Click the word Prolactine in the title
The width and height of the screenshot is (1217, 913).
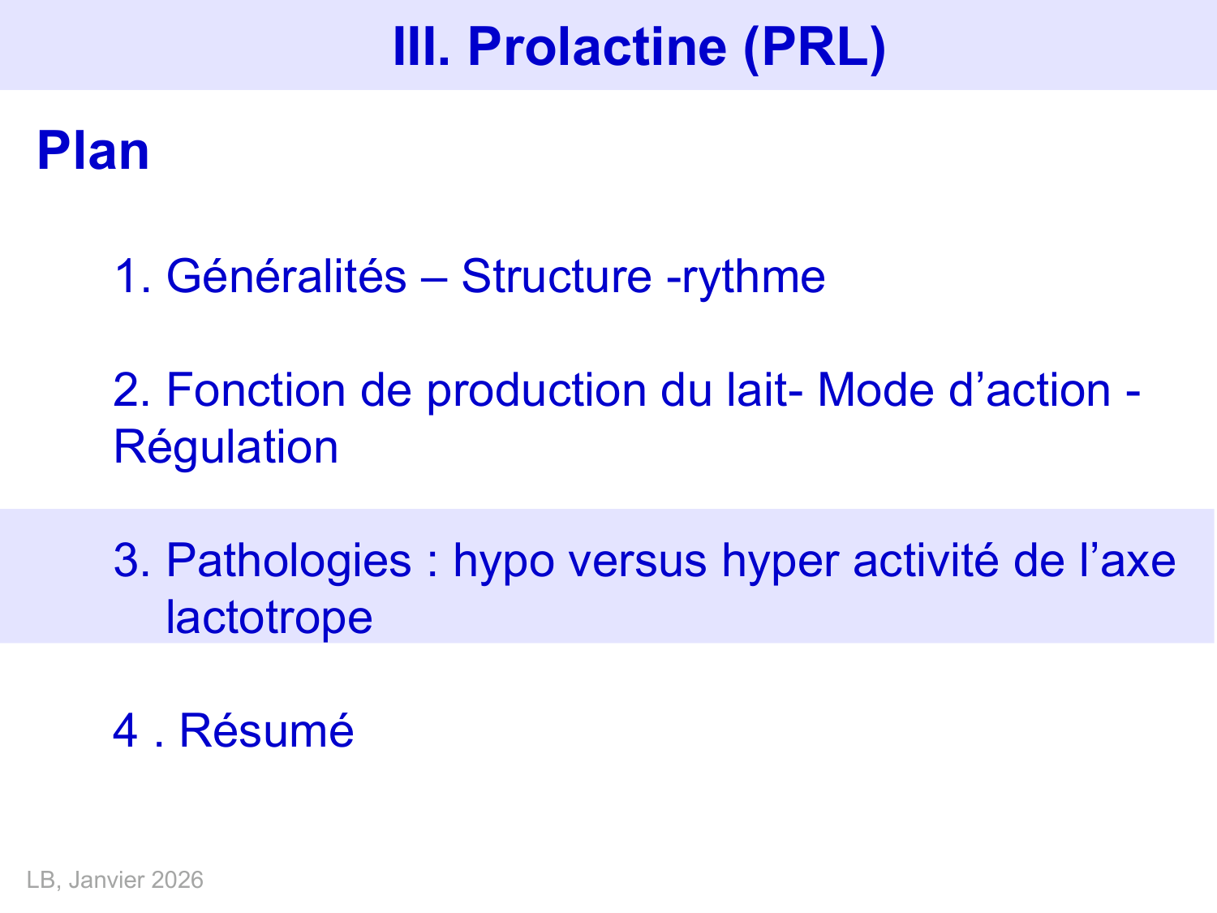(597, 46)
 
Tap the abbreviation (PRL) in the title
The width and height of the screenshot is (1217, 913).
(814, 46)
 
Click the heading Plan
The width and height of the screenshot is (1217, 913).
(93, 151)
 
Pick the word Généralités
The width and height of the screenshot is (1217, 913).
(286, 276)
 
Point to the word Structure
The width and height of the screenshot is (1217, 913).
(556, 276)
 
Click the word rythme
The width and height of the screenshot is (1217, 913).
(754, 278)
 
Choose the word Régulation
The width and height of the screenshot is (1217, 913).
(226, 448)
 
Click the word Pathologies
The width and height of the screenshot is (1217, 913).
(288, 561)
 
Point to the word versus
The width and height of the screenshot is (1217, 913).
(637, 561)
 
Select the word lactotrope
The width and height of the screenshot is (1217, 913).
(269, 618)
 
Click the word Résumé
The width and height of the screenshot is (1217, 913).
(266, 730)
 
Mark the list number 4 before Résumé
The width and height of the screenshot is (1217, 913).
(125, 730)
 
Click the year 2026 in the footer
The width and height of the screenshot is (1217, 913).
(177, 881)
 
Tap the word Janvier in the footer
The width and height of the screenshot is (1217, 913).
(106, 881)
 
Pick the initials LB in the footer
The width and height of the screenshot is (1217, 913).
(40, 881)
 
